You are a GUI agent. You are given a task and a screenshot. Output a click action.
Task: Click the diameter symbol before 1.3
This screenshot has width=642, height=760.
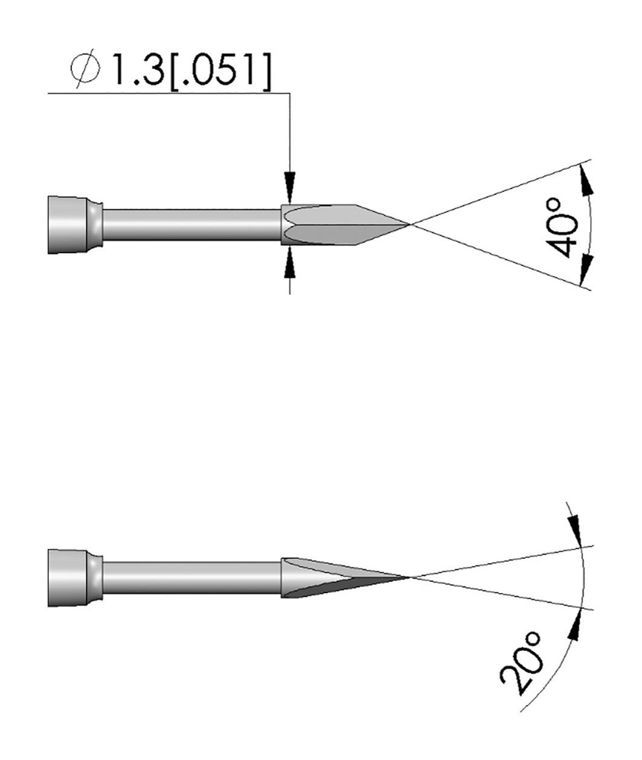click(x=85, y=71)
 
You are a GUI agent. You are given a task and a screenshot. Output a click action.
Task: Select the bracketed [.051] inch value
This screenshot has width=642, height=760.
click(x=219, y=72)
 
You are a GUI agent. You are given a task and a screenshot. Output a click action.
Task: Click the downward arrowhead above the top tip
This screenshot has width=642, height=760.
click(x=290, y=186)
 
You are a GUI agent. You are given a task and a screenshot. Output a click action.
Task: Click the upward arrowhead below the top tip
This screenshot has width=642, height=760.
click(x=290, y=262)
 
